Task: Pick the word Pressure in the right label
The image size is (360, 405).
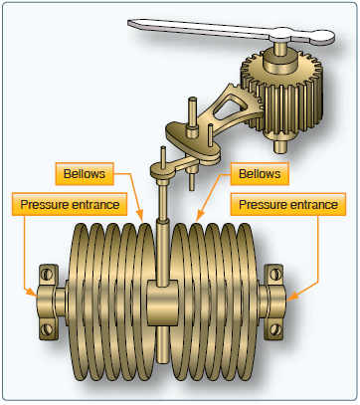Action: (262, 205)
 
